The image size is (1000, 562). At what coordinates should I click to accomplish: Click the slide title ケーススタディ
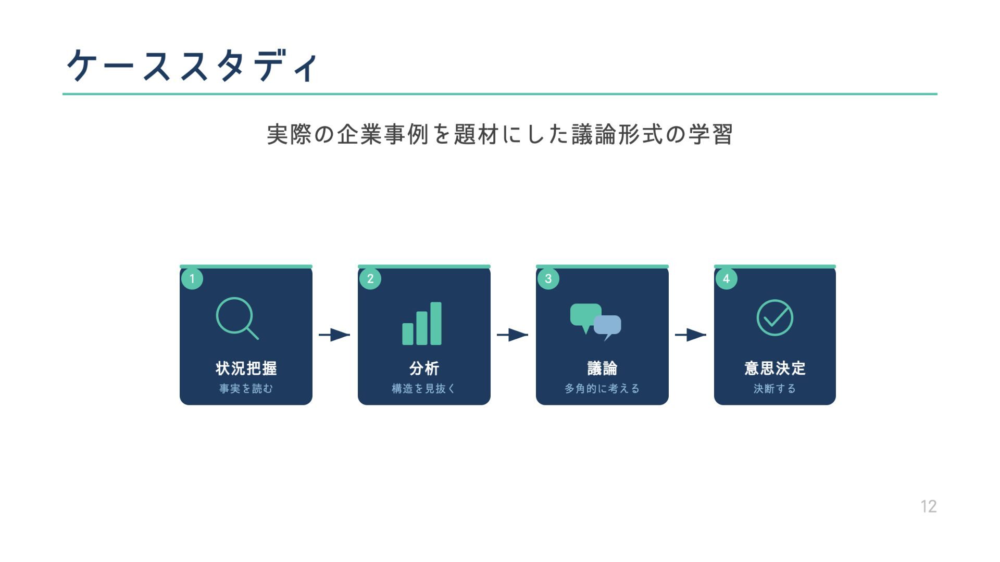point(192,66)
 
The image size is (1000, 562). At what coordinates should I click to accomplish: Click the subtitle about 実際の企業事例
point(499,134)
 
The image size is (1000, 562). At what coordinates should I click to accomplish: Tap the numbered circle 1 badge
point(192,278)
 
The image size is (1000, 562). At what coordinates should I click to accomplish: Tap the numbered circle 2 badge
point(370,278)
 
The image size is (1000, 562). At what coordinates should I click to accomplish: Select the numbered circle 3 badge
point(548,278)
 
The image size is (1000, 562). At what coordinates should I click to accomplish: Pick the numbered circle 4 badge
point(727,278)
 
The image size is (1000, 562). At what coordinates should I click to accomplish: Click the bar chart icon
point(422,323)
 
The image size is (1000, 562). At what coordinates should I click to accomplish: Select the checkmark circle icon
point(774,317)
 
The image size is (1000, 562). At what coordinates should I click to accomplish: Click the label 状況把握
point(246,368)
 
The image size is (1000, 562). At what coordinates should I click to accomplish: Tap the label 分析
point(424,368)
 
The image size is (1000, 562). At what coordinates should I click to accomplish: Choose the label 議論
point(602,368)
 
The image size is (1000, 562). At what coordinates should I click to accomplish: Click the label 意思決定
point(774,368)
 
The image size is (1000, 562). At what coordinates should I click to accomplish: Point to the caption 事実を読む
point(246,388)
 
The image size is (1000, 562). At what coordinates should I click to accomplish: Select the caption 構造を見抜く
point(424,388)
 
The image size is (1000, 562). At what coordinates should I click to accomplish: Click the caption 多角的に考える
point(602,388)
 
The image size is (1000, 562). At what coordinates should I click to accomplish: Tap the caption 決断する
point(774,388)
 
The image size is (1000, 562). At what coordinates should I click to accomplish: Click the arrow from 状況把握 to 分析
point(334,335)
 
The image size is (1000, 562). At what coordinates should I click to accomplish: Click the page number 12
point(928,506)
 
